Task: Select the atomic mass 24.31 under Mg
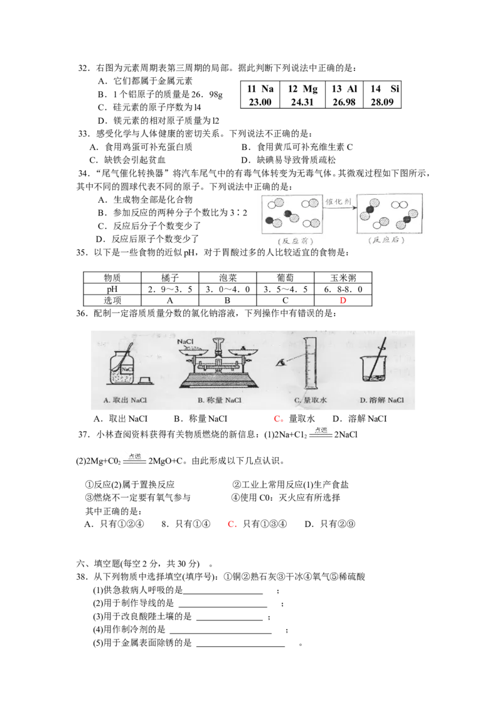(x=302, y=102)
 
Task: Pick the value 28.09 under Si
(x=382, y=102)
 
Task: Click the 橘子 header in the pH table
(x=170, y=278)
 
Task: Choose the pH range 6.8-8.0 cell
(x=343, y=290)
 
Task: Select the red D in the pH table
(x=343, y=300)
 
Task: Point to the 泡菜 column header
(x=227, y=278)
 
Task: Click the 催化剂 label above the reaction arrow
(x=338, y=202)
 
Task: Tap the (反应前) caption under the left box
(x=295, y=241)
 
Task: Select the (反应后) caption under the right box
(x=386, y=240)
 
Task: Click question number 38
(x=82, y=577)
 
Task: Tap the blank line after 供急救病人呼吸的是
(x=223, y=593)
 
